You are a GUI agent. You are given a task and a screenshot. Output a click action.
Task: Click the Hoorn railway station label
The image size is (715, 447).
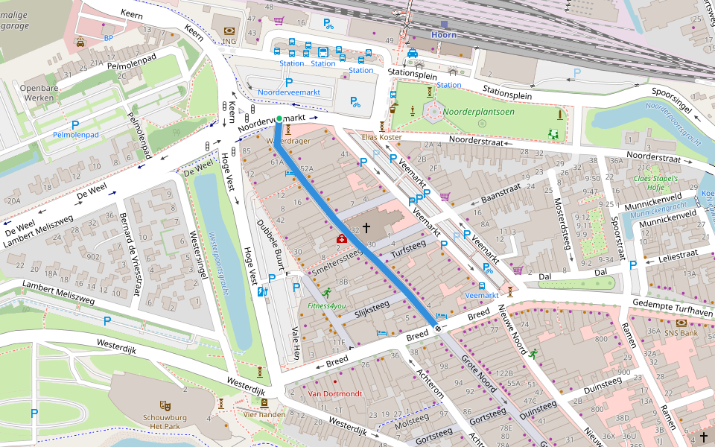[x=445, y=34]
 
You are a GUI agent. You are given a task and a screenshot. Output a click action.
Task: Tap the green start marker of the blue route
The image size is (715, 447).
[x=279, y=119]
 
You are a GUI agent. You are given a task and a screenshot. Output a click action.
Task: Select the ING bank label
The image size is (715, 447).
[x=229, y=42]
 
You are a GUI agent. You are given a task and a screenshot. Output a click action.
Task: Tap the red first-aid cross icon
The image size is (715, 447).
[x=341, y=238]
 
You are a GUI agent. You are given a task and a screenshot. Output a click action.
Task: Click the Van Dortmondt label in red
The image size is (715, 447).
[x=334, y=393]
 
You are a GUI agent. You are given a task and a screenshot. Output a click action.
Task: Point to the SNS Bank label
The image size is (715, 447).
[x=681, y=332]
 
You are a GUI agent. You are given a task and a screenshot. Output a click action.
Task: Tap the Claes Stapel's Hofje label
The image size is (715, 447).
[x=655, y=183]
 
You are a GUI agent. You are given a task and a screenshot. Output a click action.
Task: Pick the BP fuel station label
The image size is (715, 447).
[x=109, y=38]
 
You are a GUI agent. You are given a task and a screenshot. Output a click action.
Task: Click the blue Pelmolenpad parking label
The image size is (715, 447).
[x=75, y=135]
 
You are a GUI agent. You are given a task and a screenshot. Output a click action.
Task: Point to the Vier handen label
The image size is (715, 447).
[x=264, y=414]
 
